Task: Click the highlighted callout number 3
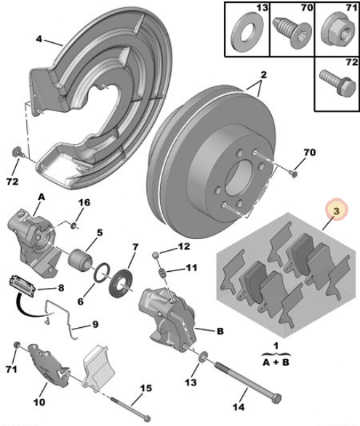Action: tap(336, 210)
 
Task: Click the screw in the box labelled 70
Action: tap(292, 32)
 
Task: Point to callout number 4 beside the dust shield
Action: tap(39, 39)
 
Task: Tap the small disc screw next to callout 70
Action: tap(294, 173)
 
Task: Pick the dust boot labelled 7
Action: tap(121, 283)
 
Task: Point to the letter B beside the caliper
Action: tap(220, 331)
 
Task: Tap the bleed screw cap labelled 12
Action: tap(156, 254)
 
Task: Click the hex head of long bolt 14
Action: tap(276, 399)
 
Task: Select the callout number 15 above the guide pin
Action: tap(146, 388)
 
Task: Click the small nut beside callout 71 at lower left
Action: tap(17, 345)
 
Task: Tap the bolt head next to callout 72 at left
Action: tap(17, 152)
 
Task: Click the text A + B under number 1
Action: tap(276, 362)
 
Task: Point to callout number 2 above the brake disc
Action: tap(263, 75)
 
